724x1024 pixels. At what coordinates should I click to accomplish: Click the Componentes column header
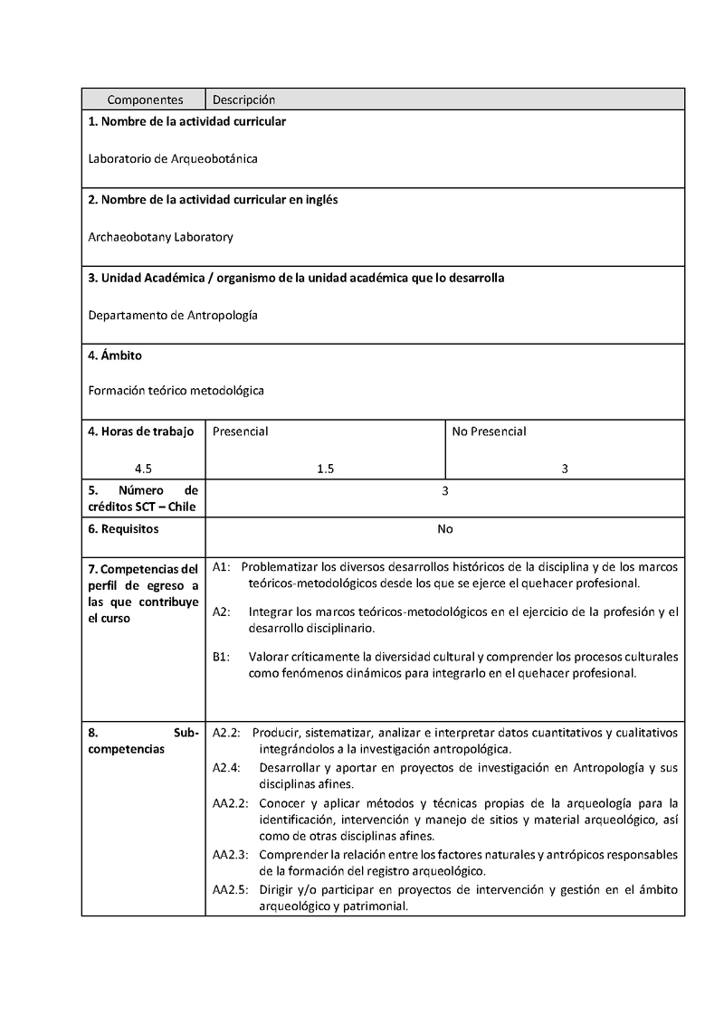145,100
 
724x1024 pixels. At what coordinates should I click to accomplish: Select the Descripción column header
243,100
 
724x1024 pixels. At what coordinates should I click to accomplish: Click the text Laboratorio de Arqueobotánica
173,159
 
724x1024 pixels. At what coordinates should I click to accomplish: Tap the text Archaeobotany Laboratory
160,237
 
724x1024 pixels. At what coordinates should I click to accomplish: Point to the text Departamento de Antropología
173,316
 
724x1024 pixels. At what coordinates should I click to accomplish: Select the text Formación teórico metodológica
176,391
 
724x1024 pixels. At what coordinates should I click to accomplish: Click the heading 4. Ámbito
115,356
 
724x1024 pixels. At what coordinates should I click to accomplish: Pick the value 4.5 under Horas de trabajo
143,469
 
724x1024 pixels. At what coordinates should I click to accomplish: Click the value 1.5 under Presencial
326,469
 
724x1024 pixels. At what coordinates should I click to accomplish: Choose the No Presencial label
489,431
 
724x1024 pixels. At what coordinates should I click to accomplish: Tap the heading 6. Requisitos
123,528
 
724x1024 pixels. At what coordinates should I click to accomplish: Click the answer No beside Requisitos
445,528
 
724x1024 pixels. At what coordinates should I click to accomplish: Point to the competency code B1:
222,657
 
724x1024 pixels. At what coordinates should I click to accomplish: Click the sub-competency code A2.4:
226,768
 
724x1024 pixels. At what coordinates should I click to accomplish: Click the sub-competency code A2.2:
226,732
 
